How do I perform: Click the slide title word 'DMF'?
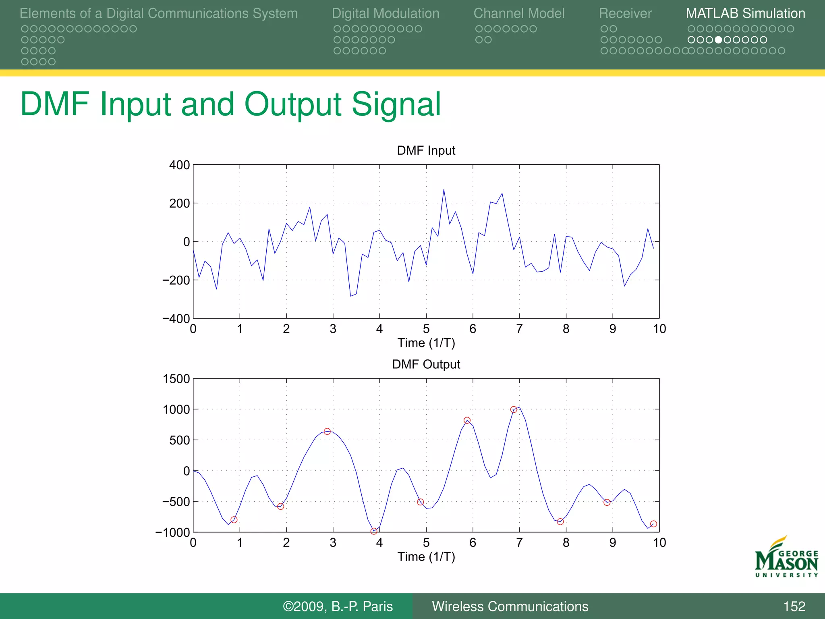[x=55, y=104]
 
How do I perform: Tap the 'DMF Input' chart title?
[x=426, y=150]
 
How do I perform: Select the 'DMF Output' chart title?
[x=426, y=364]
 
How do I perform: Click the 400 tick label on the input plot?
[x=179, y=165]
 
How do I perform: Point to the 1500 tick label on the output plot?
[x=176, y=379]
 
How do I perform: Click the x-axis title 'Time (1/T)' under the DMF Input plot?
[x=426, y=343]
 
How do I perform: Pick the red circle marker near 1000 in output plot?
[x=514, y=409]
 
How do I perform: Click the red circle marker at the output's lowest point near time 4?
[x=374, y=531]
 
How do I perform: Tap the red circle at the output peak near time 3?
[x=327, y=431]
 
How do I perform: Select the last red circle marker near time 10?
[x=653, y=524]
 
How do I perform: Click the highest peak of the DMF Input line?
[x=444, y=190]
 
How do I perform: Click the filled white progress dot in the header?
[x=718, y=40]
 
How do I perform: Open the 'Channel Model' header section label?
[x=519, y=13]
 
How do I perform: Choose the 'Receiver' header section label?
[x=625, y=13]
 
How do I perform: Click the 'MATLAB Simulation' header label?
[x=745, y=13]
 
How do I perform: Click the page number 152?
[x=794, y=606]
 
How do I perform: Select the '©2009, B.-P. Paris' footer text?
[x=338, y=606]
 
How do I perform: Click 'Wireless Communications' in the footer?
[x=510, y=606]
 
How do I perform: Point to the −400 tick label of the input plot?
[x=176, y=319]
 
